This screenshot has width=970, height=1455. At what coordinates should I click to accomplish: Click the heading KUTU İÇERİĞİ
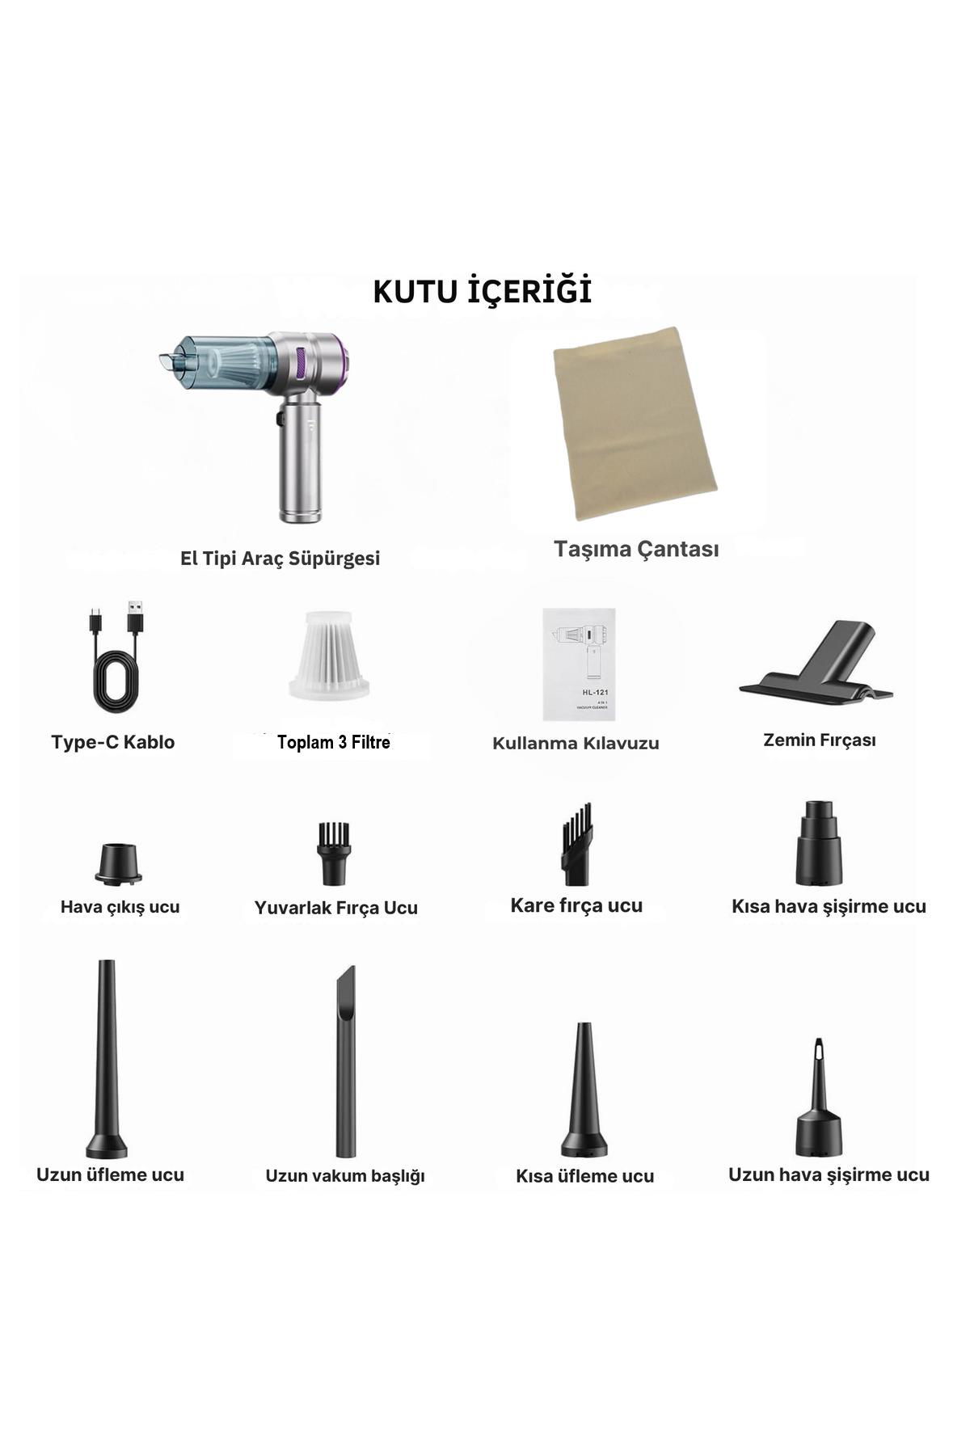[x=483, y=292]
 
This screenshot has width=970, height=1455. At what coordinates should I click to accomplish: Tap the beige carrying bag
[x=635, y=424]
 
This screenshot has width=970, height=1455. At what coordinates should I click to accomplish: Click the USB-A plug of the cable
[x=135, y=618]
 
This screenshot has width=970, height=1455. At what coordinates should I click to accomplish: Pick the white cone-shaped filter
[x=329, y=656]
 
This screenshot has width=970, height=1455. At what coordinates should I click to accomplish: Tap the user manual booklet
[x=579, y=664]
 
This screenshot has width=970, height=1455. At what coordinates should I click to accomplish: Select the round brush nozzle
[x=334, y=854]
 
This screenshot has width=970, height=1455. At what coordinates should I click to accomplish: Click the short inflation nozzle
[x=819, y=843]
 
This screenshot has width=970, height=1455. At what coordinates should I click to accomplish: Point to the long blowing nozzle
[x=107, y=1059]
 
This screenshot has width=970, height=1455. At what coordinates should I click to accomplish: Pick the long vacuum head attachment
[x=346, y=1061]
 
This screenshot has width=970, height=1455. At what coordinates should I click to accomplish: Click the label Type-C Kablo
[x=112, y=742]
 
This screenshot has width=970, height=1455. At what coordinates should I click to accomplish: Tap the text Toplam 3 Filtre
[x=334, y=742]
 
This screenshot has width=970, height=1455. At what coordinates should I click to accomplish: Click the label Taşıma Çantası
[x=636, y=550]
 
